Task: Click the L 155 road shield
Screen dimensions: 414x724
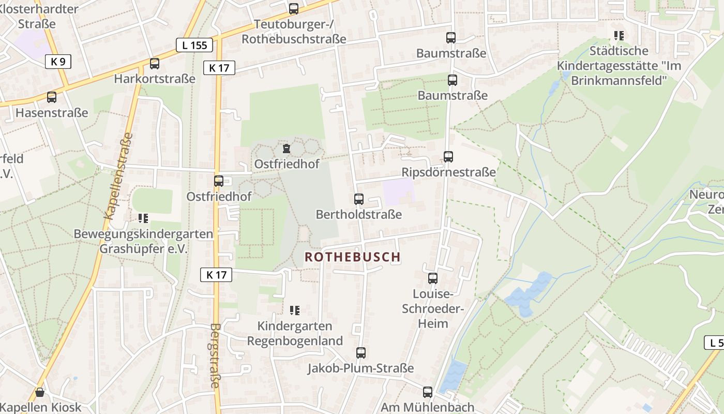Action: tap(194, 45)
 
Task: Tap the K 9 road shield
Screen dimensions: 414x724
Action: tap(58, 62)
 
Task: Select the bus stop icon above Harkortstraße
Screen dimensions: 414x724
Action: tap(154, 64)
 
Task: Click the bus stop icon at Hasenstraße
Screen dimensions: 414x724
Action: tap(52, 97)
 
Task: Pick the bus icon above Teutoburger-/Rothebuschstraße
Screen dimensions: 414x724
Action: tap(294, 8)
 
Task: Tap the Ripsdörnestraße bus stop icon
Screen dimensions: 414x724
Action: tap(448, 157)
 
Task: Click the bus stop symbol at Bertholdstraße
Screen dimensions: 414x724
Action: tap(359, 199)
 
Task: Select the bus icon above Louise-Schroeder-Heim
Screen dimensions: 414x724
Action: tap(433, 278)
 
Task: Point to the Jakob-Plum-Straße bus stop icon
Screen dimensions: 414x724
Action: tap(361, 353)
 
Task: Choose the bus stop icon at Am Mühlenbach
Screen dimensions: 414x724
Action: tap(427, 392)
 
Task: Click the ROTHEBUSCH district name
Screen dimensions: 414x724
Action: tap(353, 257)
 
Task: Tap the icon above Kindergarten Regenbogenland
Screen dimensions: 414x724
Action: tap(295, 310)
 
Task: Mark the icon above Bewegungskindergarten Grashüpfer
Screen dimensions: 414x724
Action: tap(143, 218)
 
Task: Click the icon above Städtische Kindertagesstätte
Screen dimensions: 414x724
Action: tap(619, 36)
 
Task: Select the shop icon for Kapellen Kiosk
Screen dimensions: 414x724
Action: tap(40, 393)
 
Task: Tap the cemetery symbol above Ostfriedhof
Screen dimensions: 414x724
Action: tap(286, 149)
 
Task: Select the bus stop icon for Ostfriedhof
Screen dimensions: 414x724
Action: tap(219, 181)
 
